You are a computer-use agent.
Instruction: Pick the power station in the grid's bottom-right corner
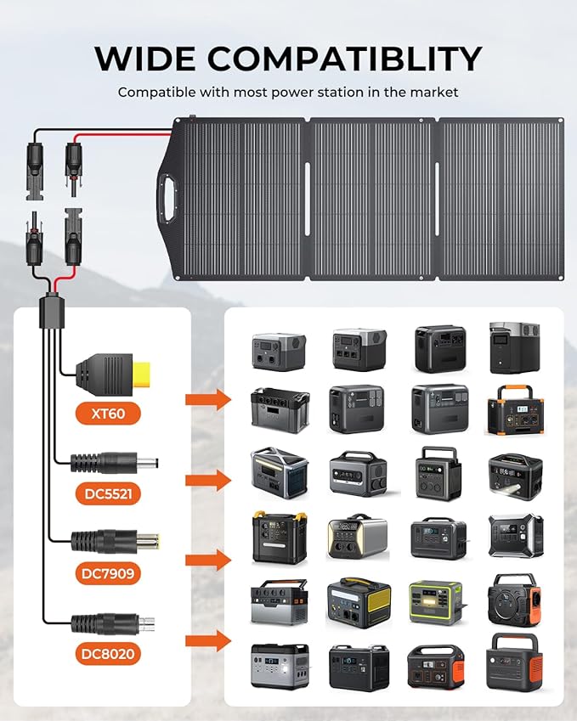pyautogui.click(x=513, y=662)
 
